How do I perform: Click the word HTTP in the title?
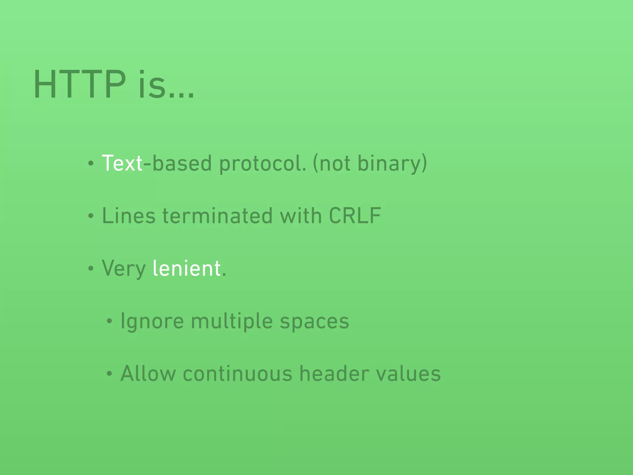80,84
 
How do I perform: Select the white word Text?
122,163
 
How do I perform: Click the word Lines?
129,216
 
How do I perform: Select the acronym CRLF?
355,216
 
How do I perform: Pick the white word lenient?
187,268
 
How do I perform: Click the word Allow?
148,374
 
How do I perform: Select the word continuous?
237,374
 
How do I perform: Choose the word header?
334,374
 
